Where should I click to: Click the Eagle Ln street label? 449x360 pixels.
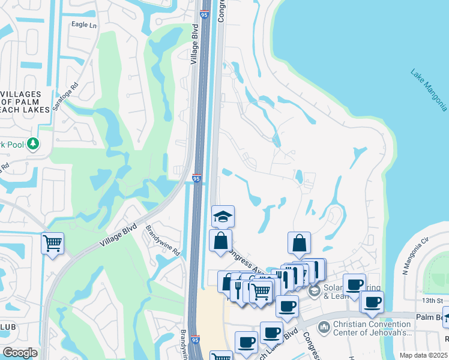click(83, 25)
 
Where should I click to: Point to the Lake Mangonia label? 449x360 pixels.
click(429, 90)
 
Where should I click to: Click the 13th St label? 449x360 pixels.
click(432, 300)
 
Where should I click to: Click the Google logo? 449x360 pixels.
click(19, 353)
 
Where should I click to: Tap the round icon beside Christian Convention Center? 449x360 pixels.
click(324, 327)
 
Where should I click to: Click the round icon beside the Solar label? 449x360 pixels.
click(314, 291)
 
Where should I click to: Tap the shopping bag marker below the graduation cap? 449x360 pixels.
click(220, 241)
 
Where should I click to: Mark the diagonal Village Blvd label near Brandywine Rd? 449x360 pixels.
click(119, 235)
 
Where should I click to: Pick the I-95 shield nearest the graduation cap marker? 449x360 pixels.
click(196, 178)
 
